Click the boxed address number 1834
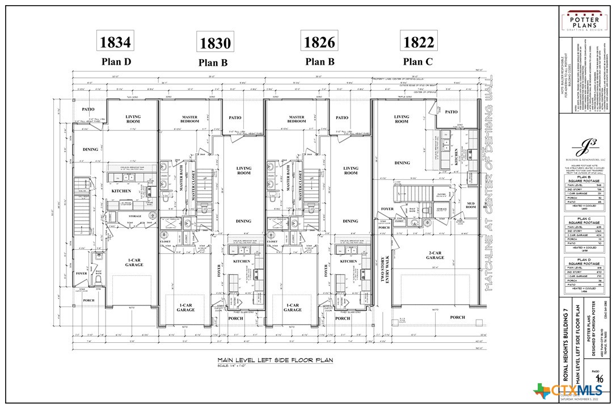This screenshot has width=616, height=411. point(116,42)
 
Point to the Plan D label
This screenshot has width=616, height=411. point(116,61)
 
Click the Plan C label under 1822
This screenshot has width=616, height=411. point(418,61)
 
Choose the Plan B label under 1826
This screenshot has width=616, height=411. point(320,61)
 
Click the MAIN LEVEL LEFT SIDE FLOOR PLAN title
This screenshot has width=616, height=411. point(275,360)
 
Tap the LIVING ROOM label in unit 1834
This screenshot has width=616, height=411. point(133,119)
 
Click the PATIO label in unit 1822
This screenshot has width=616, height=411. point(451,112)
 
